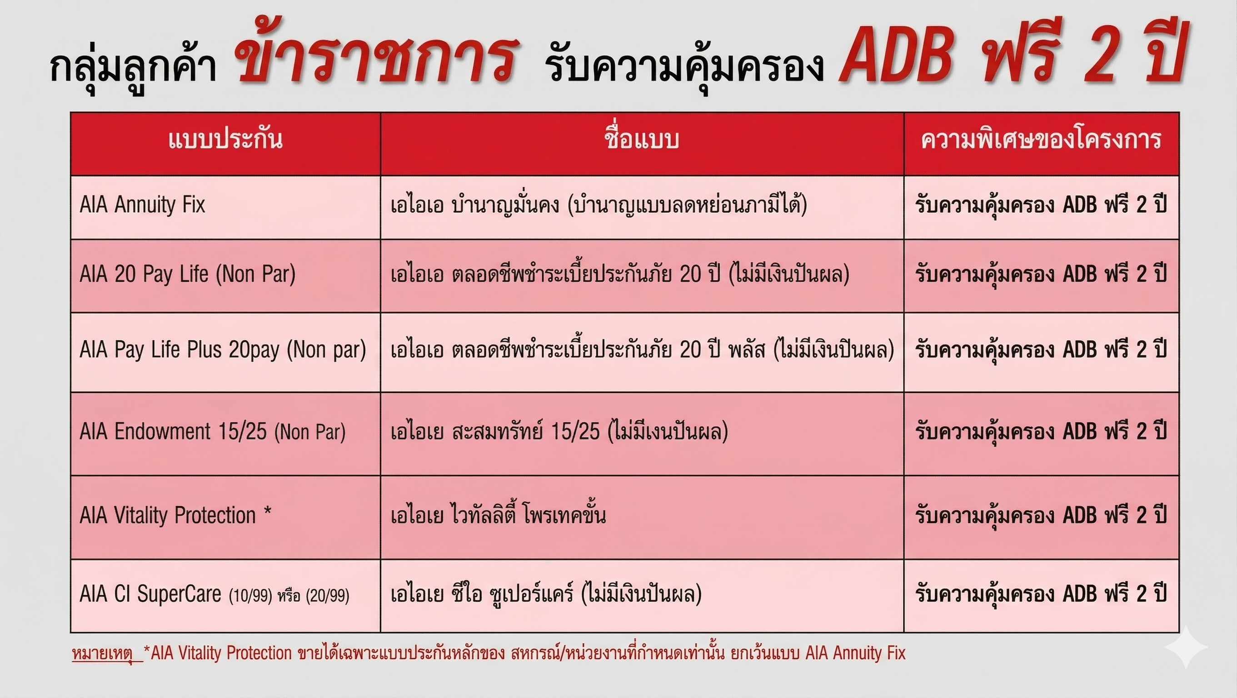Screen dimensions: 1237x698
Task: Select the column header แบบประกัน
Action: coord(225,140)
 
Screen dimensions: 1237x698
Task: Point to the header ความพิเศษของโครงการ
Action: coord(1041,140)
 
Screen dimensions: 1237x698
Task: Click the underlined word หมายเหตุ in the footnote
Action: coord(107,654)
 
